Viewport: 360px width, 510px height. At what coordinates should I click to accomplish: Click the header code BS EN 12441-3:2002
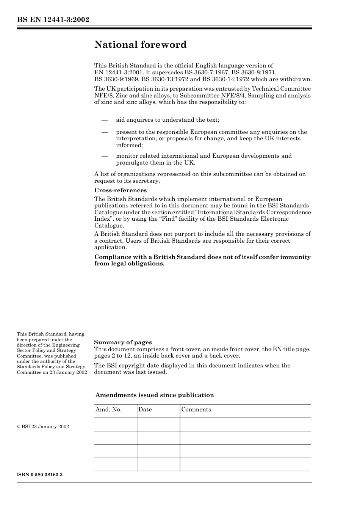53,20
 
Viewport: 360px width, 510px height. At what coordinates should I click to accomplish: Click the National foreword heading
140,45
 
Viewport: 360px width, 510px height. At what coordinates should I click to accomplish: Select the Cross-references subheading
121,190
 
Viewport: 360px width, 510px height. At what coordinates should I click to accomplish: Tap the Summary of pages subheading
123,342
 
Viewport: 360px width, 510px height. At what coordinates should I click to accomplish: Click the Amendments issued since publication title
155,395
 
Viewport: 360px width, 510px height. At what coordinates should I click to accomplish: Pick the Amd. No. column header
108,410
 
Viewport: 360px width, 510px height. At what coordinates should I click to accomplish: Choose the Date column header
145,410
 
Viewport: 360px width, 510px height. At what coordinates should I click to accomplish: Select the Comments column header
196,410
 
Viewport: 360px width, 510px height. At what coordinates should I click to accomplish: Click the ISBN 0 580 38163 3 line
40,475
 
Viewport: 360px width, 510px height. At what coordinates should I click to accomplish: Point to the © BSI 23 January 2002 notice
43,427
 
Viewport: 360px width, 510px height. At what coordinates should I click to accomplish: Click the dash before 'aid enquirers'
105,120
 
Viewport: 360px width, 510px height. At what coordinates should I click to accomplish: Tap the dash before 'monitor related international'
105,156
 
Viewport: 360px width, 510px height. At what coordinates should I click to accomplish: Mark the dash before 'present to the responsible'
105,132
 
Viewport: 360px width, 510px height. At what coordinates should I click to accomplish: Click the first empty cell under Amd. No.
116,425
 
